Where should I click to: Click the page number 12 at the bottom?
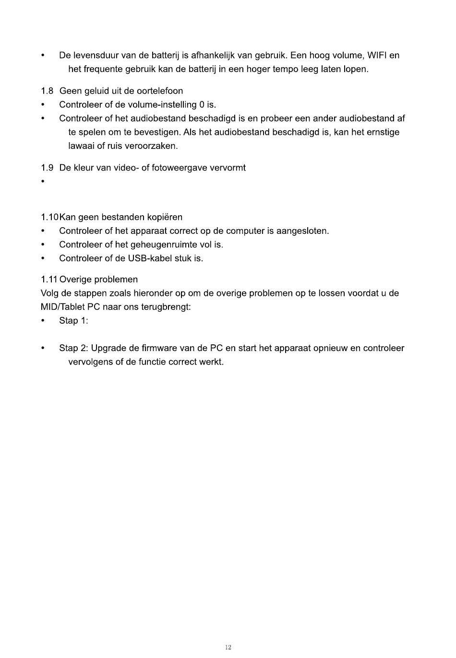click(x=228, y=647)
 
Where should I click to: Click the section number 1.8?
click(x=47, y=91)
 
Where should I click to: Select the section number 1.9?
click(x=47, y=168)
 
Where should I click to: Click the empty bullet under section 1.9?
click(x=43, y=182)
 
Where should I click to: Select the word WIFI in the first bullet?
click(x=376, y=56)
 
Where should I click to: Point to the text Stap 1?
click(x=73, y=321)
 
